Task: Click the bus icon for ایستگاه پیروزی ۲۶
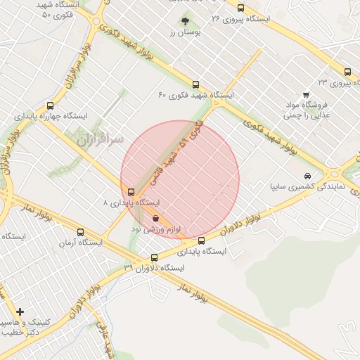pos(241,8)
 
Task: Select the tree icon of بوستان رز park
pos(186,21)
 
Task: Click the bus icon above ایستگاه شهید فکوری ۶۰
pos(195,83)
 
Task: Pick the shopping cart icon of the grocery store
pos(305,95)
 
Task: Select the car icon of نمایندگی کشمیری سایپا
pos(307,176)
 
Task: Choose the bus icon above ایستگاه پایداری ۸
pos(131,192)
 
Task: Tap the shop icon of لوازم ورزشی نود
pos(155,219)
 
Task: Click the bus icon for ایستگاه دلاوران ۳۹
pos(155,257)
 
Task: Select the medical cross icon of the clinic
pos(20,311)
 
